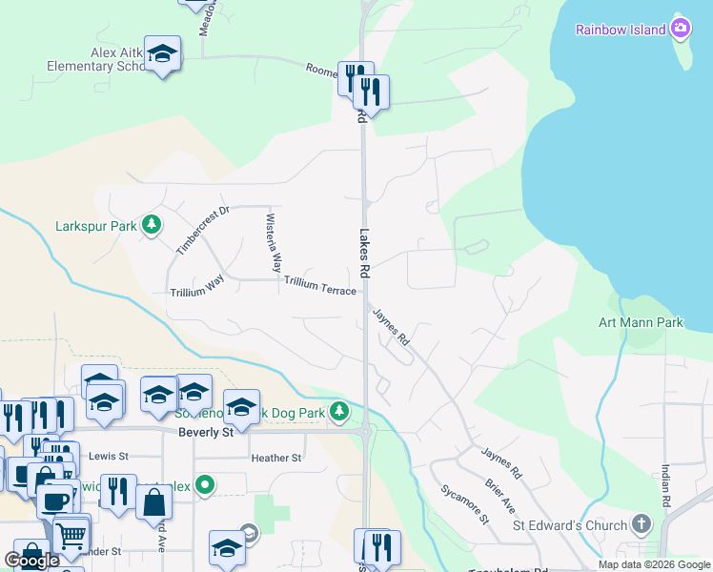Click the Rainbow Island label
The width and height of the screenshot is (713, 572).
pos(620,30)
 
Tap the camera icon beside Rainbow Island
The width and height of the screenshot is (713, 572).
pos(681,29)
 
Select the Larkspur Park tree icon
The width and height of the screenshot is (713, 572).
pos(151,226)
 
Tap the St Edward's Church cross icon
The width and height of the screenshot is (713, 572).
pos(642,524)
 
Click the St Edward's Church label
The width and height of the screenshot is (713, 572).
pos(570,525)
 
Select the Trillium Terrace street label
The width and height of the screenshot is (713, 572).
pos(319,284)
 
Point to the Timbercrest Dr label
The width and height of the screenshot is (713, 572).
pos(203,231)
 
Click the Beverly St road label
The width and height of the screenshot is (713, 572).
pos(206,432)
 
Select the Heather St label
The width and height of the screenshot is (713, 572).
pos(276,458)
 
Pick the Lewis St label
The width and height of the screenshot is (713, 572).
pos(108,456)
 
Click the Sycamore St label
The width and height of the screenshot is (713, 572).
pos(464,504)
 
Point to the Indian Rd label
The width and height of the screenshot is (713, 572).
pos(665,486)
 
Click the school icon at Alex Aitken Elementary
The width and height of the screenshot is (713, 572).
pos(163,54)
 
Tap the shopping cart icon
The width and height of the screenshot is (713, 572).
pos(71,535)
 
